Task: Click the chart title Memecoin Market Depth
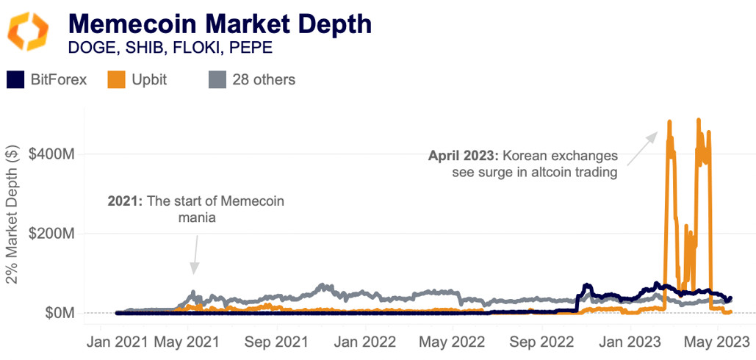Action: click(x=220, y=24)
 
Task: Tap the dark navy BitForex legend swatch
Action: click(x=15, y=79)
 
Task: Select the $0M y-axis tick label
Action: click(x=59, y=314)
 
